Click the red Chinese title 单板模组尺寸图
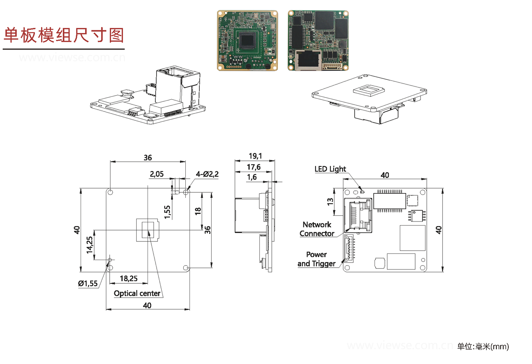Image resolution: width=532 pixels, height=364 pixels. click(64, 35)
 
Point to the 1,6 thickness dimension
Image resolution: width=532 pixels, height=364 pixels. click(251, 177)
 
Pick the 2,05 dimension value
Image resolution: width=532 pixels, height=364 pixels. click(157, 174)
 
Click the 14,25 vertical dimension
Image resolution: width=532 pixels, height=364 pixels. click(89, 245)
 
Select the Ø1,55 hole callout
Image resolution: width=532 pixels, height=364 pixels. click(88, 283)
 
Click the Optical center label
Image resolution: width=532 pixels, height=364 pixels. click(137, 293)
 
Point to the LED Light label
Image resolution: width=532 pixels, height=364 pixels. click(330, 169)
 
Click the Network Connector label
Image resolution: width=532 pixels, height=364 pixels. click(317, 229)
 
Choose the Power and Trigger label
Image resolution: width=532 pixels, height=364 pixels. click(316, 259)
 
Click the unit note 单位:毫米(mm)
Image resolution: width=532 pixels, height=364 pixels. click(483, 346)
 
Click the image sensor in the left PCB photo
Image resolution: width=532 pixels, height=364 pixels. click(248, 41)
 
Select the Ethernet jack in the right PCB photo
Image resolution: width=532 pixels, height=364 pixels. click(308, 59)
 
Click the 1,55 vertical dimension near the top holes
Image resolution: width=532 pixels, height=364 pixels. click(167, 212)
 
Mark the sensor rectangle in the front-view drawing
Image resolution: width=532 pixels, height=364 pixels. click(148, 230)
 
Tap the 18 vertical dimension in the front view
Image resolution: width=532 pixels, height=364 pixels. click(198, 211)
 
